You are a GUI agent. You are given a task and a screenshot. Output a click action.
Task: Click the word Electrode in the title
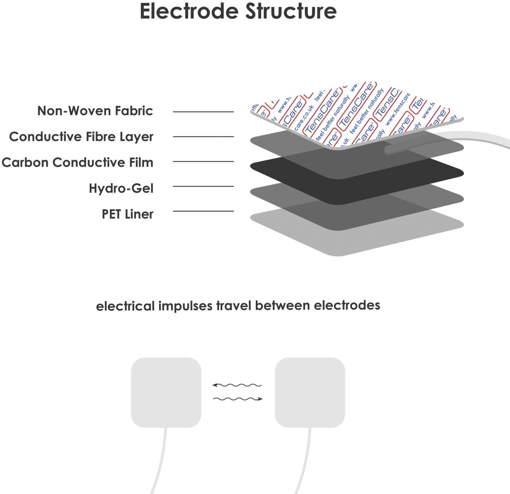coord(189,12)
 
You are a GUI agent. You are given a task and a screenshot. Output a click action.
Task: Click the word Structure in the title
coord(291,12)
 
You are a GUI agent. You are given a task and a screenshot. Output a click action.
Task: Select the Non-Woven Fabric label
coord(95,111)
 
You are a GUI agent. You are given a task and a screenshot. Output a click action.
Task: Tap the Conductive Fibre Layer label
coord(81,137)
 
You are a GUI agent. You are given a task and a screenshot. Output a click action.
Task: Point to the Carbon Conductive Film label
coord(78,163)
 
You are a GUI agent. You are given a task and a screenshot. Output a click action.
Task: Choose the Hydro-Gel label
coord(121,188)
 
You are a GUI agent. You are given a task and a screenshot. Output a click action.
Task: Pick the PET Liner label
coord(128,214)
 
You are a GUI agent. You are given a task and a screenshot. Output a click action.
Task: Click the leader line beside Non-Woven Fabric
coord(203,112)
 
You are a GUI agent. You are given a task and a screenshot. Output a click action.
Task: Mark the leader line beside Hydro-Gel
coord(203,186)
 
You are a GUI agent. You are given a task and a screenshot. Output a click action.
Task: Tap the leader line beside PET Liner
coord(203,211)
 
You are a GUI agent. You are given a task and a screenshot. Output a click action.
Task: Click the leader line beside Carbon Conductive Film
coord(203,161)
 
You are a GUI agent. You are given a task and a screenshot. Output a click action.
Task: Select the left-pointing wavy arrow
coord(237,385)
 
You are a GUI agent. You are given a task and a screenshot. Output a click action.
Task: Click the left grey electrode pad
coord(166,392)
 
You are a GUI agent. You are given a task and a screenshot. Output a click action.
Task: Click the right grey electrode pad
coord(310,392)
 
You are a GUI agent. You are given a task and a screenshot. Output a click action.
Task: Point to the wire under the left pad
coord(161,462)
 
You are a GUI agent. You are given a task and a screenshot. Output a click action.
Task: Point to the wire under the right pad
coord(305,462)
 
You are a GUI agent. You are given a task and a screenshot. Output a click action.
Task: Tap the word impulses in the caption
coord(185,306)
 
